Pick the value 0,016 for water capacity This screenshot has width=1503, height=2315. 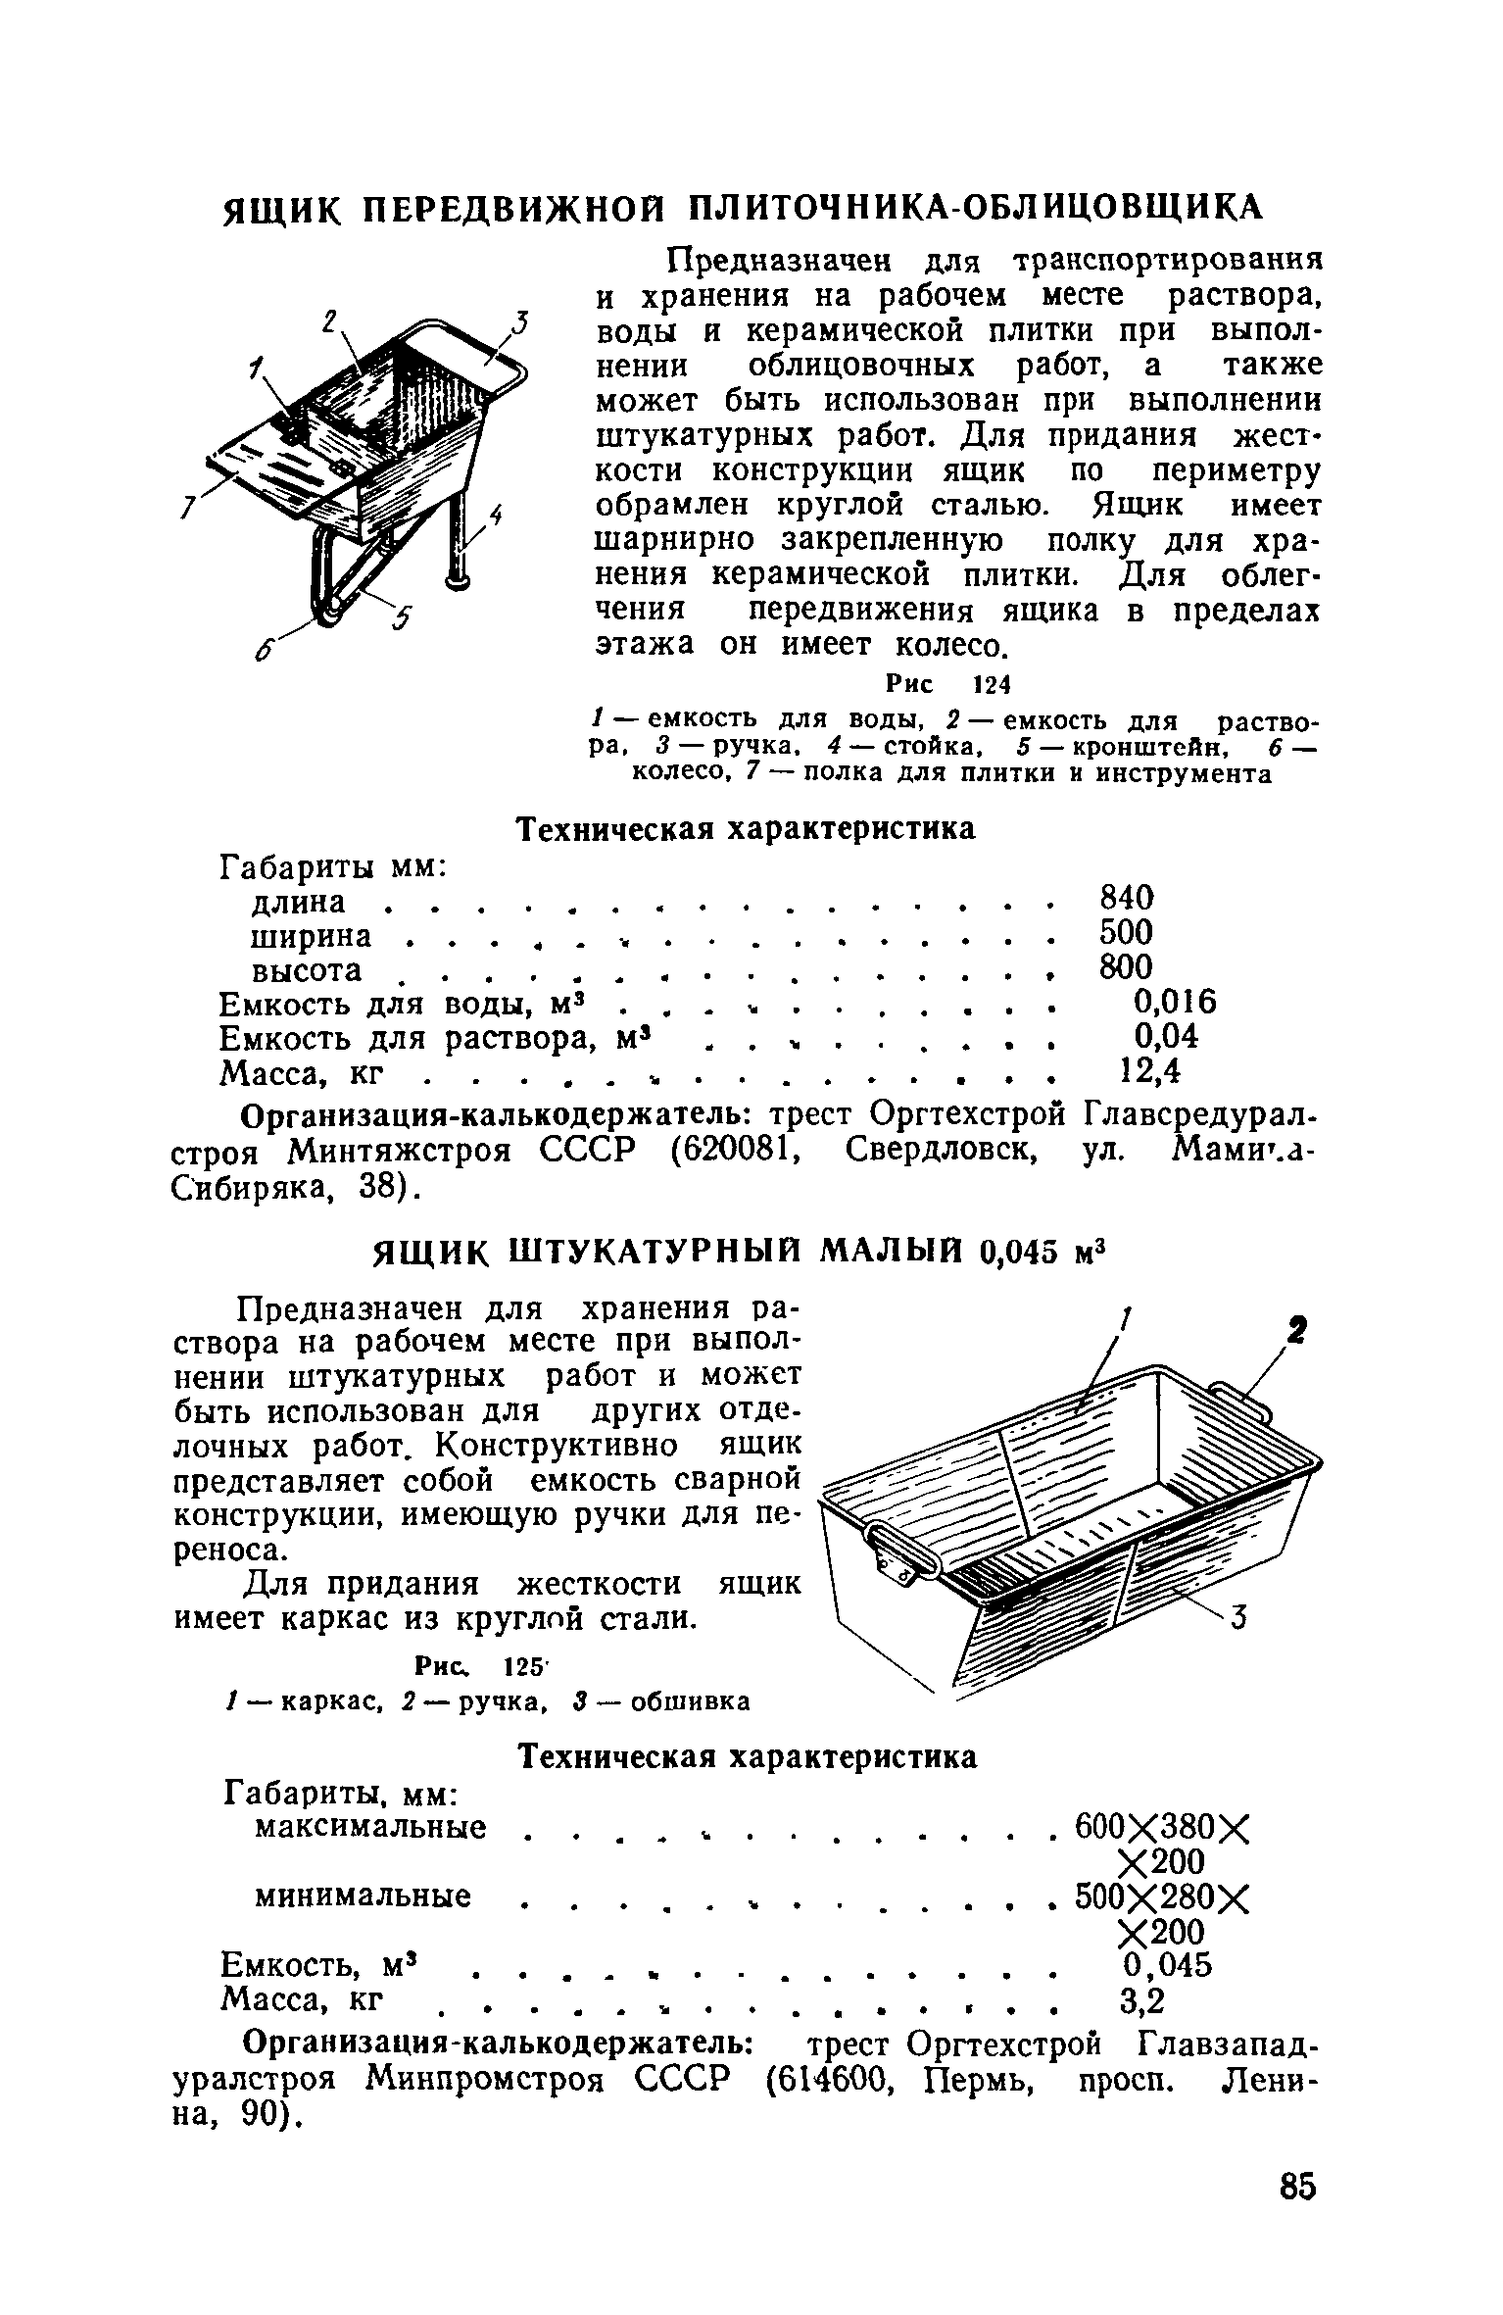[x=1174, y=1001]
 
